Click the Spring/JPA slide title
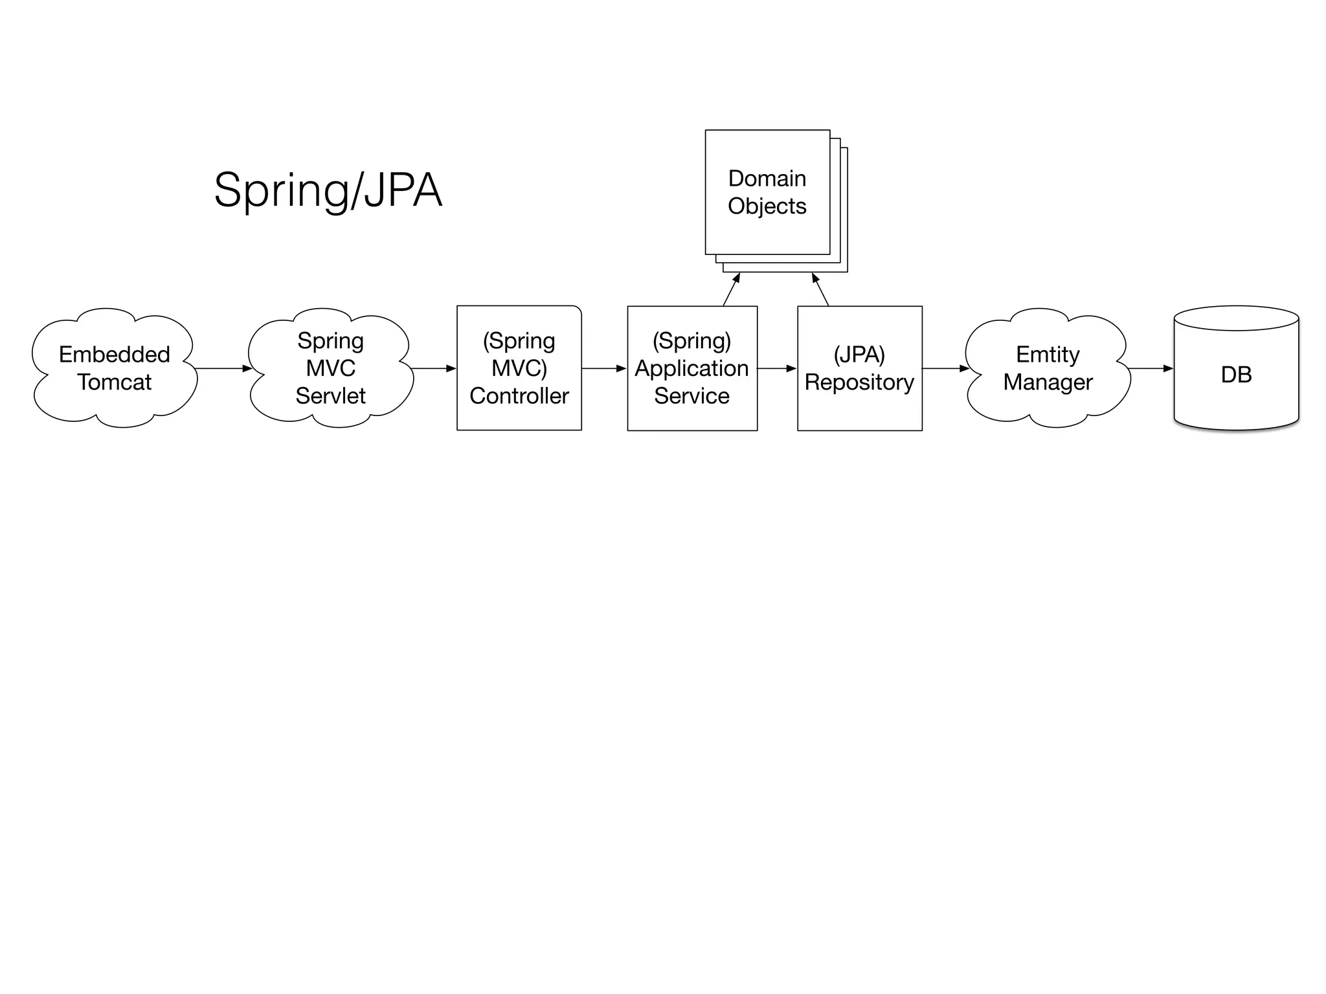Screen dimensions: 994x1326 tap(328, 190)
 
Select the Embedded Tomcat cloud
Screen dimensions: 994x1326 tap(115, 368)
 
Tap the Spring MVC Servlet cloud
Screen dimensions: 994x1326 tap(330, 368)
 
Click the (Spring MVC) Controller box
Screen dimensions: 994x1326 tap(519, 368)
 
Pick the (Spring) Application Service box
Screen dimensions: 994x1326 tap(691, 368)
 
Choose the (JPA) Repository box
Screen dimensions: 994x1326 tap(859, 368)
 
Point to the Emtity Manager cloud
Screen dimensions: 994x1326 tap(1047, 368)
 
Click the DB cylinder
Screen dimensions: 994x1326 tap(1235, 374)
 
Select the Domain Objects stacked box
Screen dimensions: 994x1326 tap(767, 192)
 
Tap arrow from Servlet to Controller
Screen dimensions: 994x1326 tap(433, 368)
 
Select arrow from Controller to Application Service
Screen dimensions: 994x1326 tap(603, 368)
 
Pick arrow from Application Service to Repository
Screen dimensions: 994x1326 tap(776, 368)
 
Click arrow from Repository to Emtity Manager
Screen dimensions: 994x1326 tap(945, 368)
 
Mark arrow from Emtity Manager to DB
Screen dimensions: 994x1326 tap(1150, 368)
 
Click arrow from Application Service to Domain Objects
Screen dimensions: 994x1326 tap(731, 290)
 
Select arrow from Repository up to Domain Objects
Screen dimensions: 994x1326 tap(820, 290)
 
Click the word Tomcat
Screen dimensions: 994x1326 tap(115, 382)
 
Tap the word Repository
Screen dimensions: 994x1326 tap(859, 382)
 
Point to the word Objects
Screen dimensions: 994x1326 tap(767, 206)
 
